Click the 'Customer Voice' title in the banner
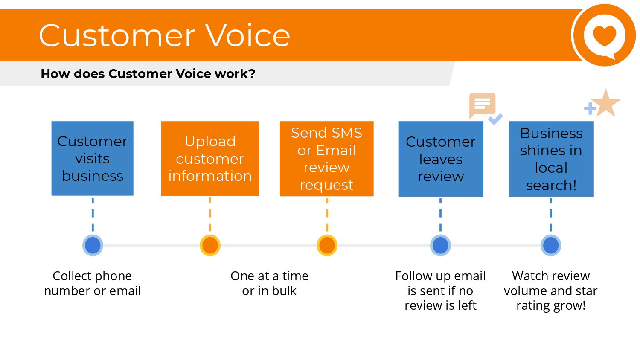tap(165, 35)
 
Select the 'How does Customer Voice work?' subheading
tap(148, 74)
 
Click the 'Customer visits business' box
tap(92, 159)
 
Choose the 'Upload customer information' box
tap(210, 159)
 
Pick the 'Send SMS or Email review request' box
tap(326, 159)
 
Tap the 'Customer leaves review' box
tap(441, 159)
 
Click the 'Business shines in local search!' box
tap(551, 159)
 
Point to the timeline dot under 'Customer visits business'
tap(93, 245)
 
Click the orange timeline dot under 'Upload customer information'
tap(210, 245)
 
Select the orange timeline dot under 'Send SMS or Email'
tap(327, 245)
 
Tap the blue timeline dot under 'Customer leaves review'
tap(440, 245)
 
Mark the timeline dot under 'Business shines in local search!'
tap(551, 245)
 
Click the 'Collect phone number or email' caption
tap(92, 283)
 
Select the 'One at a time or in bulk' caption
tap(269, 283)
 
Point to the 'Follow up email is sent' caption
tap(441, 290)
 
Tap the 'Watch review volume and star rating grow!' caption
tap(550, 290)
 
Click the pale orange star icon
tap(606, 103)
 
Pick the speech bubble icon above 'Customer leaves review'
tap(482, 105)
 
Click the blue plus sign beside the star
tap(590, 109)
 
